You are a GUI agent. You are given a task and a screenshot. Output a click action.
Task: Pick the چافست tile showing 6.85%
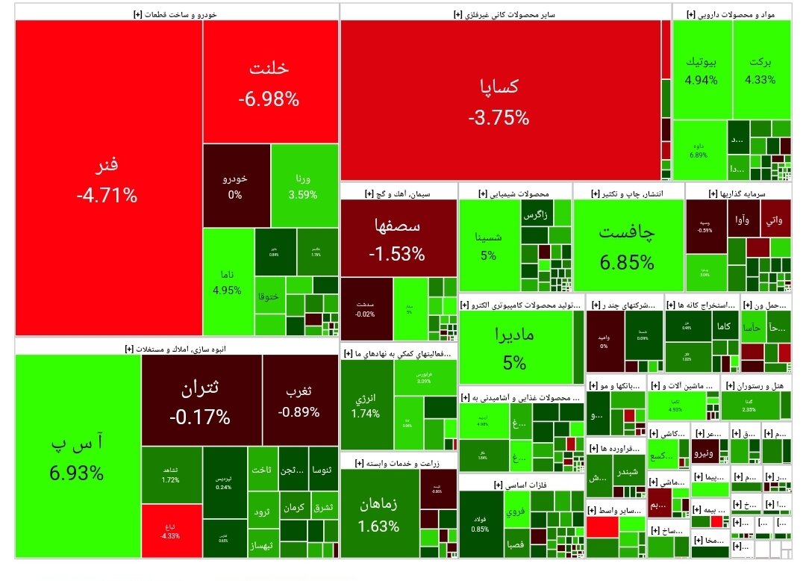coord(627,246)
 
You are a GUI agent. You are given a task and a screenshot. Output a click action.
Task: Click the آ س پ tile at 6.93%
coord(77,457)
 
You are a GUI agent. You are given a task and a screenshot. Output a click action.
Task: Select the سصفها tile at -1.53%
coord(396,239)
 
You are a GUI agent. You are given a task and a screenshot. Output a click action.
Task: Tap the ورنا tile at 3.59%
coord(303,185)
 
